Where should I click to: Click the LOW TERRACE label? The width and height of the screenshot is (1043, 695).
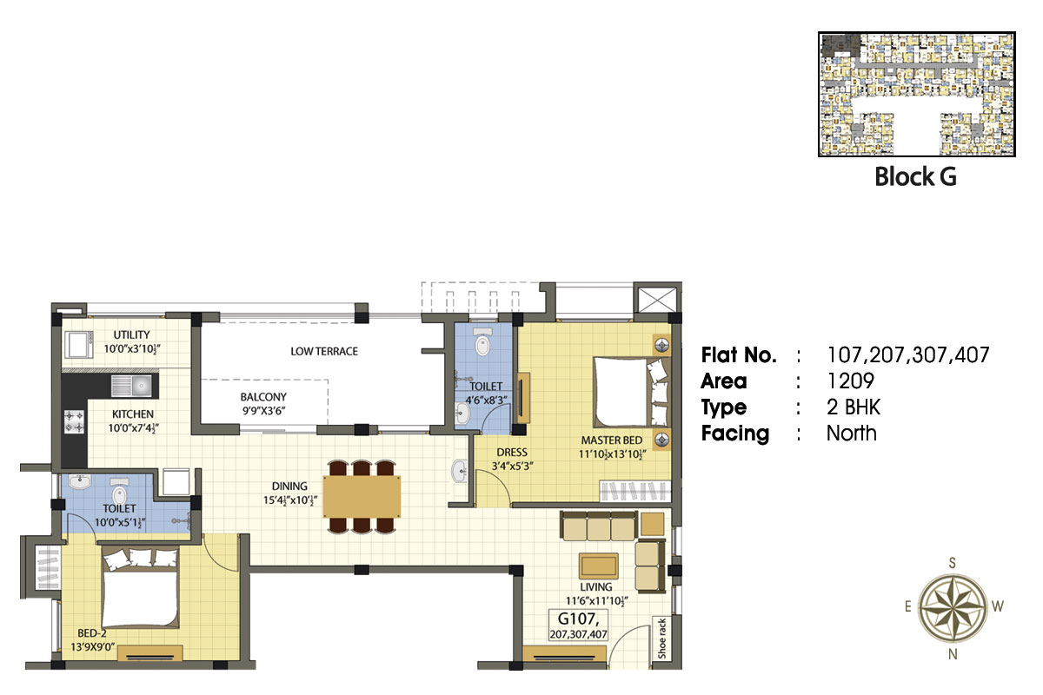324,352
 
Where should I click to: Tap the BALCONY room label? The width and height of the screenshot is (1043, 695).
263,397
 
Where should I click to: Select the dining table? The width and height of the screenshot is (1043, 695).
362,496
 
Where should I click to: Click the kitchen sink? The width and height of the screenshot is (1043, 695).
131,386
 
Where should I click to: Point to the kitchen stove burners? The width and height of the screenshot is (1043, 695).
74,421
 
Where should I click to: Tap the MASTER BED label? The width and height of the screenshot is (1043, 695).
611,440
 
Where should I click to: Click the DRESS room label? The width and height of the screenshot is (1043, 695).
512,453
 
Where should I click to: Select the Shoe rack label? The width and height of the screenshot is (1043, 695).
661,639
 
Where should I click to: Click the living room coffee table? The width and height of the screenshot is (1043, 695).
598,566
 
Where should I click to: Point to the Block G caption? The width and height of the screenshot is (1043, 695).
915,177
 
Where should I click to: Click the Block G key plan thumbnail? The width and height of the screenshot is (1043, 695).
916,94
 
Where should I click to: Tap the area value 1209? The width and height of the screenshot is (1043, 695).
850,381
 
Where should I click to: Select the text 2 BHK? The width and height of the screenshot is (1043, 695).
854,407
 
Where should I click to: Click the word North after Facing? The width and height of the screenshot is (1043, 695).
851,434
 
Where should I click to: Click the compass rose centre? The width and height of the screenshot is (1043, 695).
953,608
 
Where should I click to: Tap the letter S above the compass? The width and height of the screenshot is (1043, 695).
953,563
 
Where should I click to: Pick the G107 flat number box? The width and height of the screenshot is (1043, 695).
578,625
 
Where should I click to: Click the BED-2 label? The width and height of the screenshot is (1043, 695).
92,633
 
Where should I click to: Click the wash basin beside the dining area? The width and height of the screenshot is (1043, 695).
460,471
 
